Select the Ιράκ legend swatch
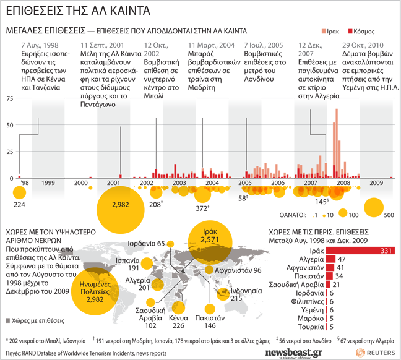pos(323,30)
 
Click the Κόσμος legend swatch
pos(350,30)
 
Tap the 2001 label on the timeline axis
pos(114,183)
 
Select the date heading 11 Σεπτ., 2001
pos(102,46)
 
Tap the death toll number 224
pos(19,205)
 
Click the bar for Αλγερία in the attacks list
pos(330,259)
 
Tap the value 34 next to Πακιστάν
pos(339,276)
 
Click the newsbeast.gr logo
pos(293,352)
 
